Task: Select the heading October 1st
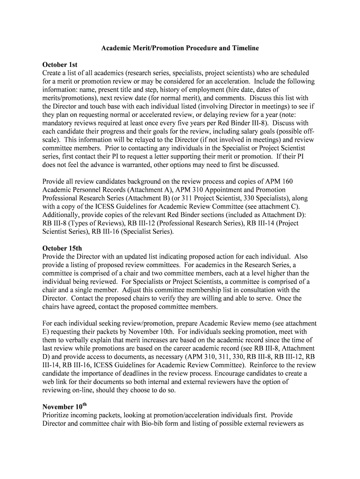coord(60,65)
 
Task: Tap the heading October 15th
coord(62,248)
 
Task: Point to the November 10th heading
coord(65,406)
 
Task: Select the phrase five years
coord(185,123)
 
